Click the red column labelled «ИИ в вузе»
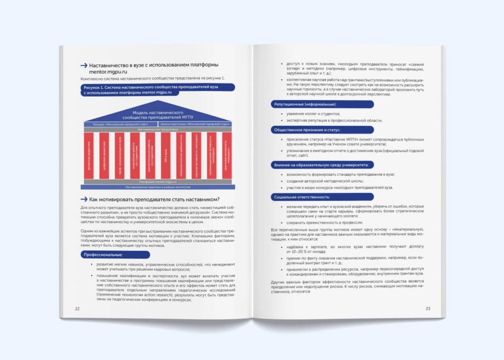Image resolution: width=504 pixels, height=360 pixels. point(165,155)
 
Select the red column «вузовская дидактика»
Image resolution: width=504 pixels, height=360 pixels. point(89,155)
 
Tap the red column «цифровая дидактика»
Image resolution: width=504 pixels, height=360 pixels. point(104,155)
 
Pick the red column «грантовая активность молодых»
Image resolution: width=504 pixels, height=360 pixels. point(226,155)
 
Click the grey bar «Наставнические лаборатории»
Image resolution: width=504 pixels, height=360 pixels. point(157,129)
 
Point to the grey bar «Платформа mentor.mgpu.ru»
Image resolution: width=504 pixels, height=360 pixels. point(157,182)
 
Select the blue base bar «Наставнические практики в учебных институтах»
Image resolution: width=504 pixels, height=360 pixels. point(157,187)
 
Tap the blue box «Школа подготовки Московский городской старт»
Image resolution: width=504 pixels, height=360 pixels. point(195,124)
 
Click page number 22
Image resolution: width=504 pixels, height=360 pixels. point(77,309)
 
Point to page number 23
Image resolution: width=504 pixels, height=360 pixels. point(428,309)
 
